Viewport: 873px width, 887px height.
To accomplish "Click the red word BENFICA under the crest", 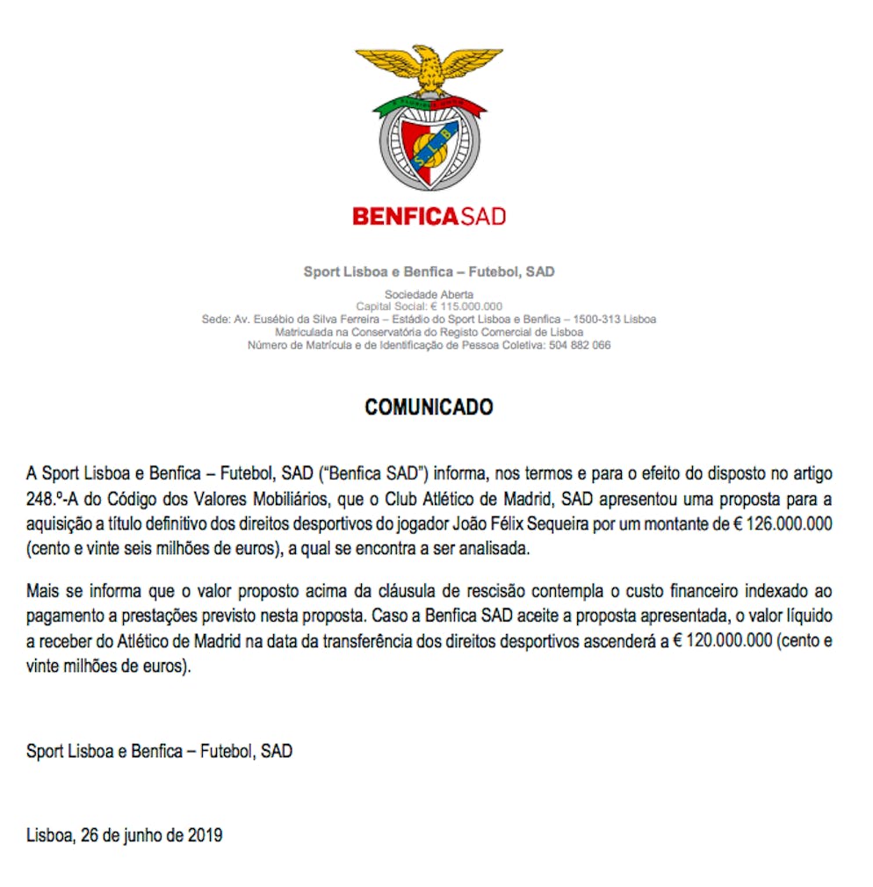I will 404,216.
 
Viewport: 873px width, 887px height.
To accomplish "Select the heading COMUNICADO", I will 429,407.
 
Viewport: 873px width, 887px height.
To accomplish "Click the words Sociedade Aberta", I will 429,294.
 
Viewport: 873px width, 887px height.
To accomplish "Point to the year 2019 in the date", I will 206,835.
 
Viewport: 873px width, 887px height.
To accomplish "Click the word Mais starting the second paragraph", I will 42,591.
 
